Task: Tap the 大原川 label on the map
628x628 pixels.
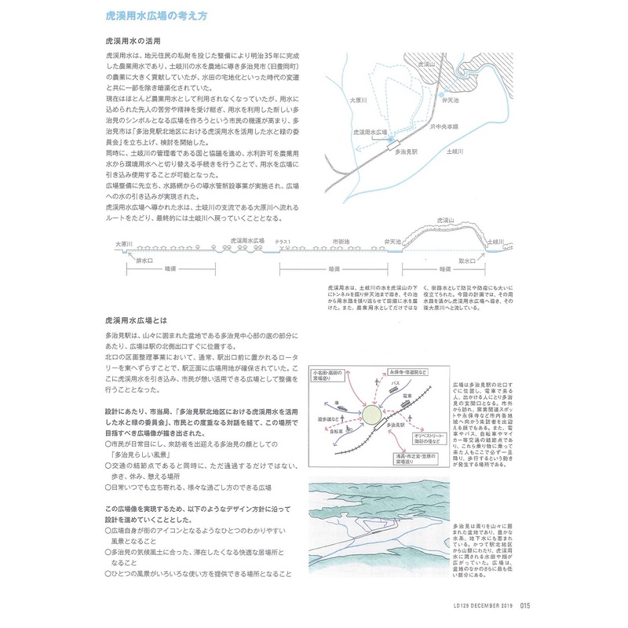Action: tap(356, 100)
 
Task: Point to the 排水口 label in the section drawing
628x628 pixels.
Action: tap(144, 259)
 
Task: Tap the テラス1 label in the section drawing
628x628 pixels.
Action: tap(283, 242)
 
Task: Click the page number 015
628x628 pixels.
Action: tap(526, 604)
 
